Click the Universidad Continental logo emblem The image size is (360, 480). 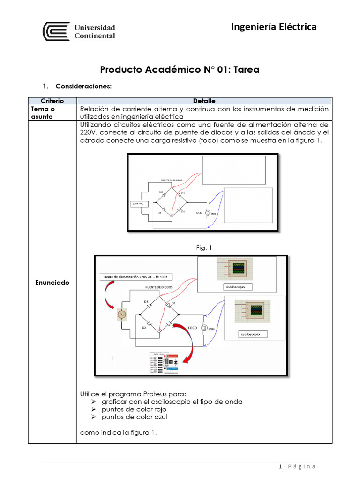tap(56, 31)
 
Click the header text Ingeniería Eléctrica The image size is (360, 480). tap(274, 27)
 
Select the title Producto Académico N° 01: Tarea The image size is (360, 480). tap(180, 70)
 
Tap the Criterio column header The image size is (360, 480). tap(52, 101)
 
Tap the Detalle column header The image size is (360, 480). tap(204, 101)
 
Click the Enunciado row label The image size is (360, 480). tap(52, 282)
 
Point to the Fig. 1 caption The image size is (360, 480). tap(204, 247)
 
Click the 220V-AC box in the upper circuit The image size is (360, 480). tap(137, 203)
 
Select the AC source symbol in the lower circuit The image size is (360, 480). tap(121, 315)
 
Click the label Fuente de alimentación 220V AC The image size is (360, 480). tap(134, 277)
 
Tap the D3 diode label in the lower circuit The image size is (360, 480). tap(146, 301)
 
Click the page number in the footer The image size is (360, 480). tap(280, 466)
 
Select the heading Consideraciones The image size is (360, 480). tap(83, 86)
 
